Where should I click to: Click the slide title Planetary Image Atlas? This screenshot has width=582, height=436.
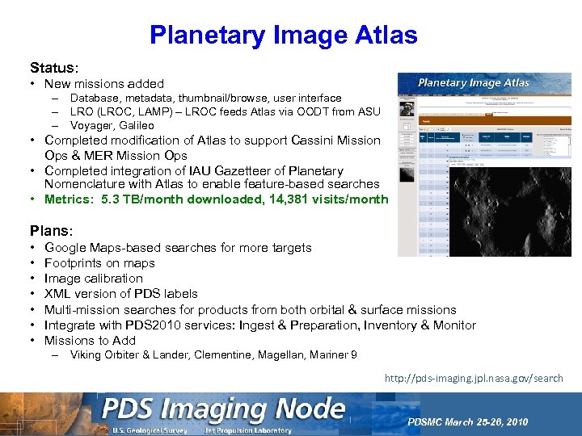coord(283,35)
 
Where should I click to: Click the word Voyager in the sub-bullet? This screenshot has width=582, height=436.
coord(91,126)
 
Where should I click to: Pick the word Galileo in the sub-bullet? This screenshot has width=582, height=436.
coord(135,126)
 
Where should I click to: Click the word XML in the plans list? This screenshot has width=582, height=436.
coord(59,294)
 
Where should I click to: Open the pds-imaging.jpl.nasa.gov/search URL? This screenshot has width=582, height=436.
coord(474,378)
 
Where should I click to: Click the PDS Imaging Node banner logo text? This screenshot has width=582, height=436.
coord(223,410)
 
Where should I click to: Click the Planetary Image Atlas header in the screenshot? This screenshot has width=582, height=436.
coord(473,82)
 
